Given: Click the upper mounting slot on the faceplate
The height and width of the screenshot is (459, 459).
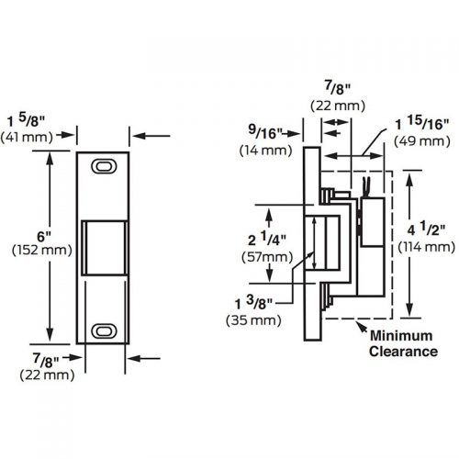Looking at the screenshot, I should [x=105, y=167].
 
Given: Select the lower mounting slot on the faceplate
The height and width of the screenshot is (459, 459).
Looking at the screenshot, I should [x=105, y=329].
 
